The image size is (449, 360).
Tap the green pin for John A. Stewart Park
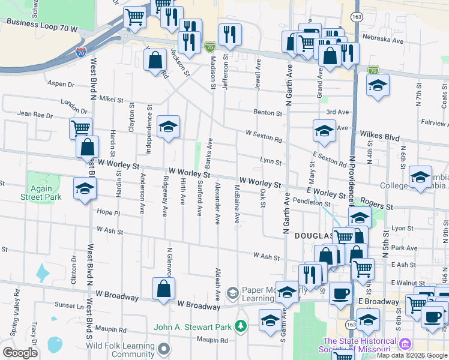[241, 326]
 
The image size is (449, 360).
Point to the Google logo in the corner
[20, 353]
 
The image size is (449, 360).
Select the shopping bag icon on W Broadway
[163, 288]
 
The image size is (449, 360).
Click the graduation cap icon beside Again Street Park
[85, 189]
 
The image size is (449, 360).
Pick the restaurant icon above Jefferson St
[230, 35]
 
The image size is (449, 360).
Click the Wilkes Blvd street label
[379, 137]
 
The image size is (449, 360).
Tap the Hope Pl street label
[109, 212]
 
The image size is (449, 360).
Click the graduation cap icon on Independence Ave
[169, 126]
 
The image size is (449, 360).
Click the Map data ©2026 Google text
[412, 355]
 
